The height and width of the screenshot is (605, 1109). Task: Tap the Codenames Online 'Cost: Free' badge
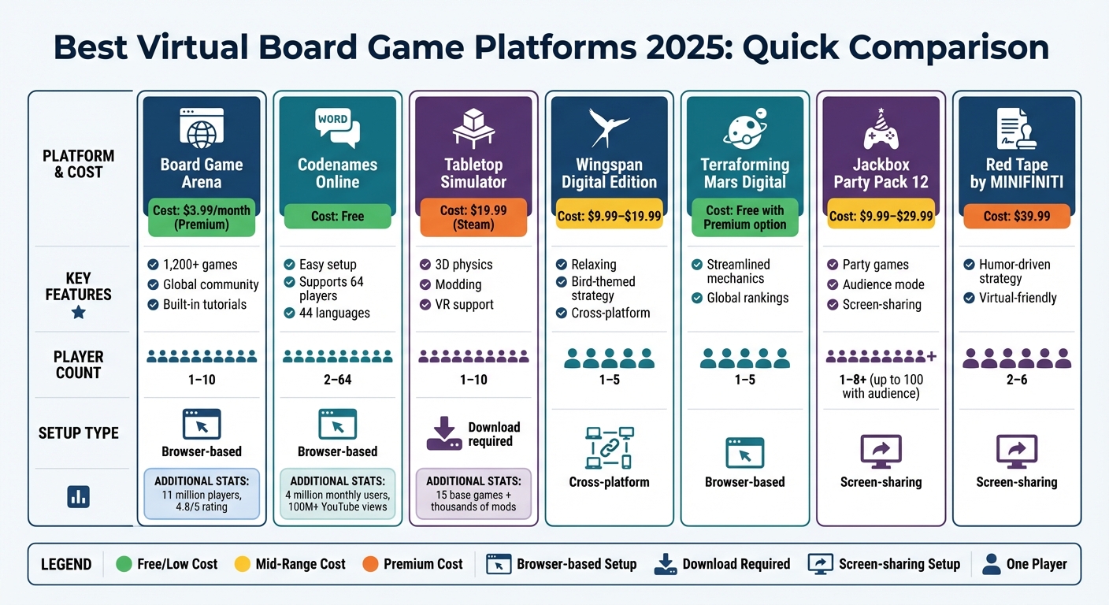(337, 217)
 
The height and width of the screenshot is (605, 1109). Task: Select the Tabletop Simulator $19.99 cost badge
(473, 217)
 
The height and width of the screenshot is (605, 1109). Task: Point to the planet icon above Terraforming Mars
(745, 127)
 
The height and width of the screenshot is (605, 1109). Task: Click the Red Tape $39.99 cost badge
(1016, 217)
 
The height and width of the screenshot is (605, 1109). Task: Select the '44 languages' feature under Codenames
(334, 313)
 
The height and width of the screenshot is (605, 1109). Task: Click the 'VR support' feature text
(464, 304)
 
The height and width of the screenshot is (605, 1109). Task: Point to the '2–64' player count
(337, 380)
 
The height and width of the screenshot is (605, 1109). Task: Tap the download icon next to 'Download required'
(444, 434)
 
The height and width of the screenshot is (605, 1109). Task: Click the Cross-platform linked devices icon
(609, 447)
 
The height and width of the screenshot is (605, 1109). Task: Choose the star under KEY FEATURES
(79, 313)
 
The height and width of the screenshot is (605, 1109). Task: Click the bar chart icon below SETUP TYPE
(79, 496)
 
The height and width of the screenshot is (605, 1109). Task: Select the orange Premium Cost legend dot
(371, 564)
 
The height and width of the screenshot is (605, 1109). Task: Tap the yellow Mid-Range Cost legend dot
(243, 564)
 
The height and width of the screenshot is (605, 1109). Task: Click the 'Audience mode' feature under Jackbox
(883, 284)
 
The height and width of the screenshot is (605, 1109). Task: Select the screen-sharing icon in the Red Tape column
(1016, 450)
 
